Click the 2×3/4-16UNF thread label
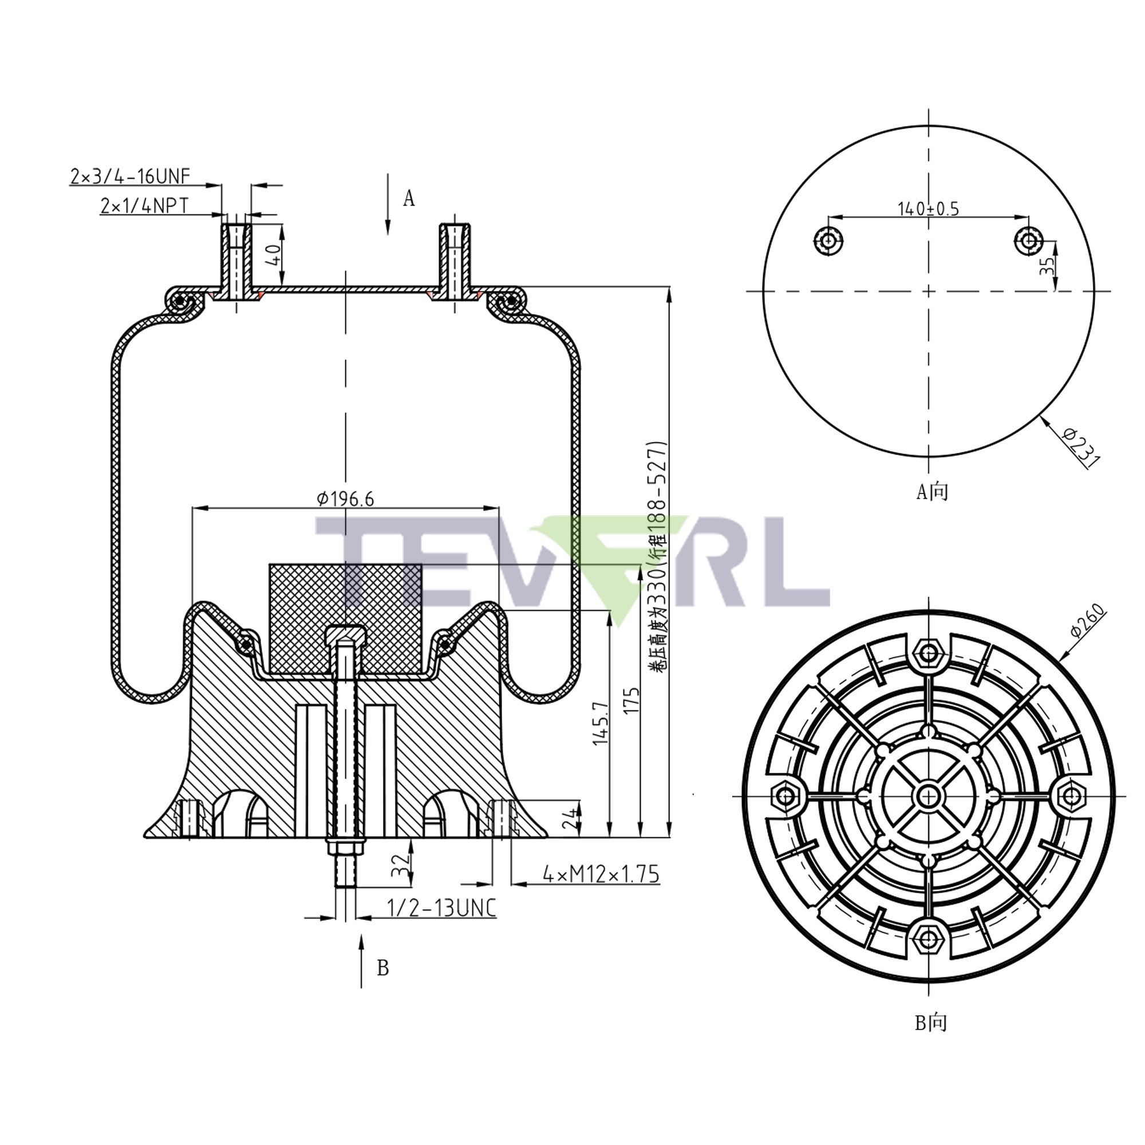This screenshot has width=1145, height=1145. coord(131,176)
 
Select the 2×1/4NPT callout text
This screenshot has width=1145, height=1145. coord(145,206)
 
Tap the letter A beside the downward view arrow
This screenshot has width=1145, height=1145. coord(409,199)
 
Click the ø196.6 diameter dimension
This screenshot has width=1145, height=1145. coord(346,499)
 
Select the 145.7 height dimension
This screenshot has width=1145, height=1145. coord(601,723)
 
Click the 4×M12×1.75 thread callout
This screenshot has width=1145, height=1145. coord(601,874)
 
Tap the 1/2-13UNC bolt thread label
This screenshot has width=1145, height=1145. coord(441,907)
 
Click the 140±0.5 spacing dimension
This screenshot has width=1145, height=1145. coord(928,208)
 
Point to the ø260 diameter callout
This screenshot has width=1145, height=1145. coord(1088,620)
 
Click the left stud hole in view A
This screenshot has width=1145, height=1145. coord(828,240)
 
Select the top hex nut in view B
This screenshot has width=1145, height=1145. coord(929,654)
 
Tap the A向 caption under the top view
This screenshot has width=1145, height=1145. coord(931,491)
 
